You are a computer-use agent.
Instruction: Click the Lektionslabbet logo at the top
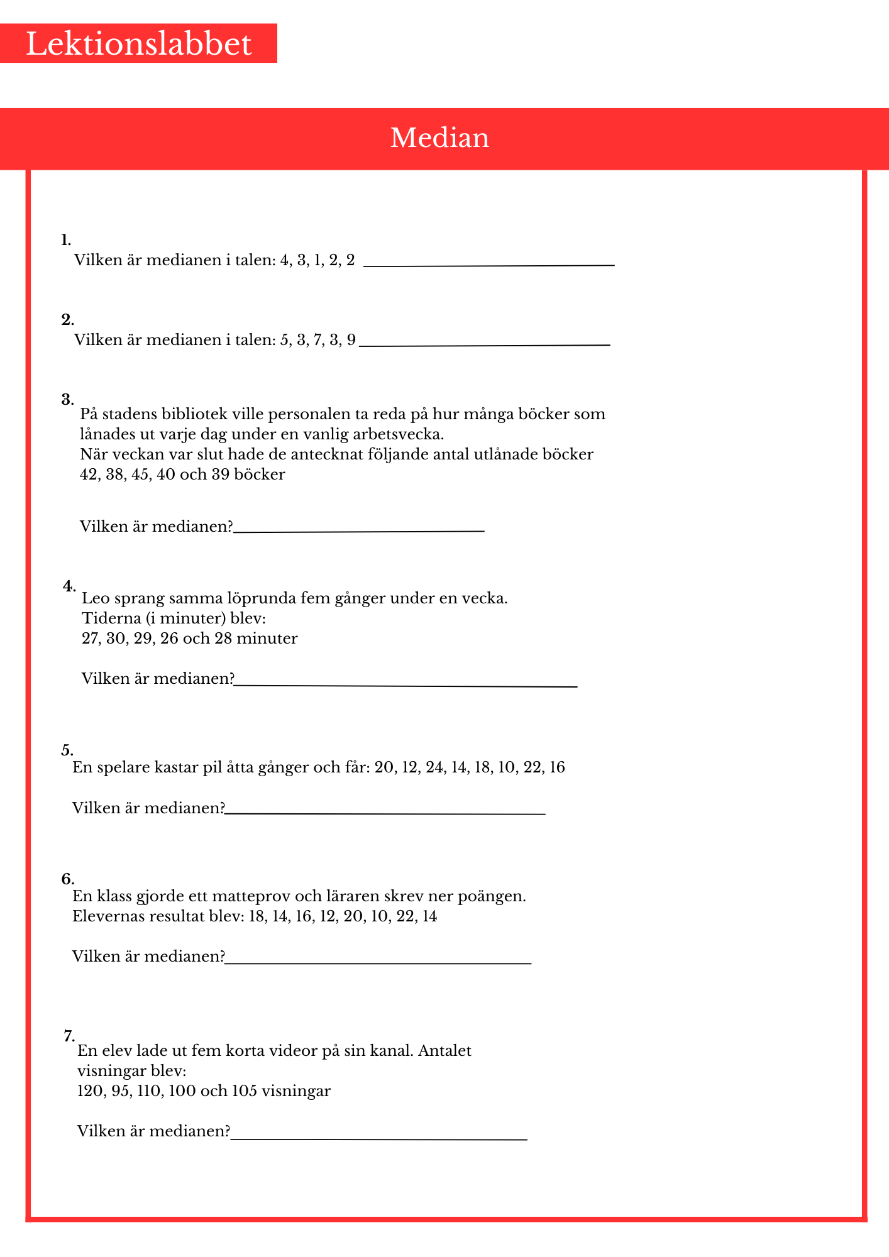point(138,44)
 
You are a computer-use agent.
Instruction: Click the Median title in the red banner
point(439,138)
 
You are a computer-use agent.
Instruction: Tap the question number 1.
point(65,239)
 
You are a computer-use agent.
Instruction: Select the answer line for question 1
point(489,265)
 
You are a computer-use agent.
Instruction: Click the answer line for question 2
point(484,344)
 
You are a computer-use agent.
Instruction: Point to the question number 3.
point(67,399)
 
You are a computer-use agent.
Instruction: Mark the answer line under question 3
point(358,531)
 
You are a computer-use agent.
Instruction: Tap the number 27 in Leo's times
point(91,639)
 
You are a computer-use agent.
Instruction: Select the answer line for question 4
point(406,686)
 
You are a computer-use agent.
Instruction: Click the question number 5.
point(67,750)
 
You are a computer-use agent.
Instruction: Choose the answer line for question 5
point(385,814)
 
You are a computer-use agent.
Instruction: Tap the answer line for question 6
point(378,962)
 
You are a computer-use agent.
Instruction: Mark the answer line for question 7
point(378,1138)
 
